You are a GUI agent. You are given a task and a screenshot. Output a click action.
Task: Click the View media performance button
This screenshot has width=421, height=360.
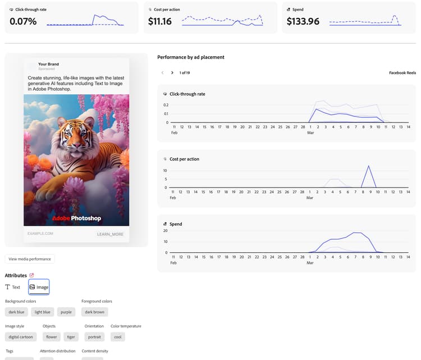30,259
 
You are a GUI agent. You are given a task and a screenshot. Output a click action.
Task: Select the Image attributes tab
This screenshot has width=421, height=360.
39,287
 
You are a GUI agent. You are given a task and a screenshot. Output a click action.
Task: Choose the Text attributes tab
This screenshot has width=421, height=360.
13,287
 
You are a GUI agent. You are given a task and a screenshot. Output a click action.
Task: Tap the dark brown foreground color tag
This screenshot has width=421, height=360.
95,312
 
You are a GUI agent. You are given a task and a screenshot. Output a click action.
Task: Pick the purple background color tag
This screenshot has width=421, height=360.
66,312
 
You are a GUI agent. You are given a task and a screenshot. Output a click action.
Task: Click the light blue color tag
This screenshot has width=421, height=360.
42,312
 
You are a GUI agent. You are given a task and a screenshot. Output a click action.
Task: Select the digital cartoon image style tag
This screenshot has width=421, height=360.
21,337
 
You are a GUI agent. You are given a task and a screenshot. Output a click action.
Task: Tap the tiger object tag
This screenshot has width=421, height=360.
71,337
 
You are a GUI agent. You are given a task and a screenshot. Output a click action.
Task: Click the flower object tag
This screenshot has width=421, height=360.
52,337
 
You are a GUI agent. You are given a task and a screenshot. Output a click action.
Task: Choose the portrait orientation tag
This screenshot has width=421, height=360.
94,337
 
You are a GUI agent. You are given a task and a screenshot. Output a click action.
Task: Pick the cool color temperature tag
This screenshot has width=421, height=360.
117,337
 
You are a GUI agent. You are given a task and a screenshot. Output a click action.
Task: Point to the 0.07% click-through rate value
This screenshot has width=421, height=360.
23,21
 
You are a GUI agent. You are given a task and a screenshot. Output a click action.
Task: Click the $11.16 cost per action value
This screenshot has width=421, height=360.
160,21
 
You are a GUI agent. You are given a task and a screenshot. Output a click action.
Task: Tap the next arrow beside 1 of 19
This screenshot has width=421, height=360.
172,72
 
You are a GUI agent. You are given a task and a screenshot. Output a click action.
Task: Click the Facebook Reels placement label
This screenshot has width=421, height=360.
402,73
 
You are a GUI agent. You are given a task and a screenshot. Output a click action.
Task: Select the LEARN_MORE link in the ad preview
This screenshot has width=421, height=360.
110,234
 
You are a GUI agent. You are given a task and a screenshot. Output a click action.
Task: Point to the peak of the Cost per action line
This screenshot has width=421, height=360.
368,166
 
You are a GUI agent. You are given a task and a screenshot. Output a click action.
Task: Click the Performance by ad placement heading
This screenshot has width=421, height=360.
191,57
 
